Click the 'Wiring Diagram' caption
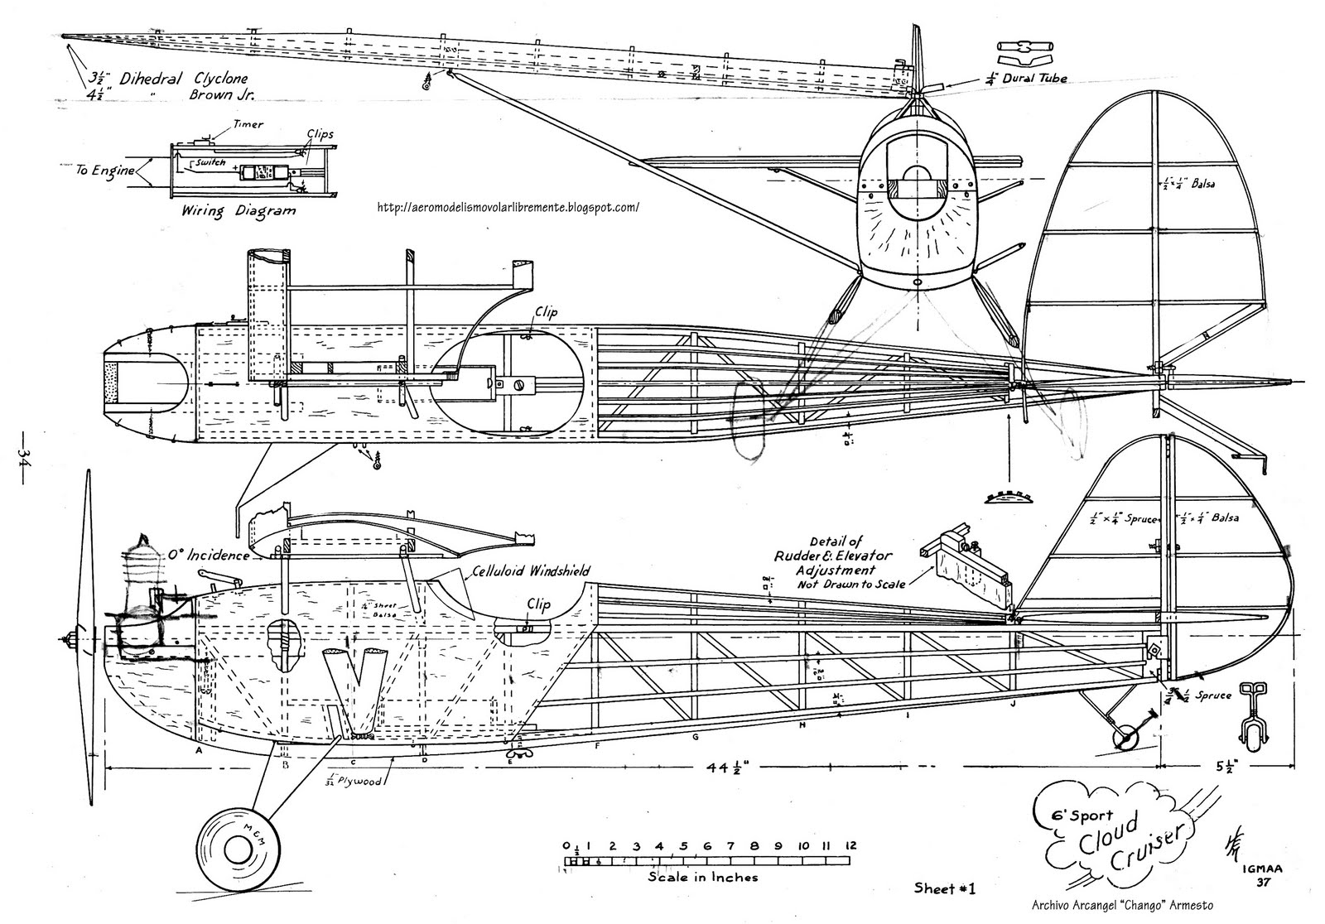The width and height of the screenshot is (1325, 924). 238,210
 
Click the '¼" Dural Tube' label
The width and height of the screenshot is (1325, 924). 1026,78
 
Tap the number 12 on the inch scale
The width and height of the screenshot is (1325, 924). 850,846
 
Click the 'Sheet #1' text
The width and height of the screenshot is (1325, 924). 945,889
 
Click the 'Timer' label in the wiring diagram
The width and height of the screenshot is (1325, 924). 248,125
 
